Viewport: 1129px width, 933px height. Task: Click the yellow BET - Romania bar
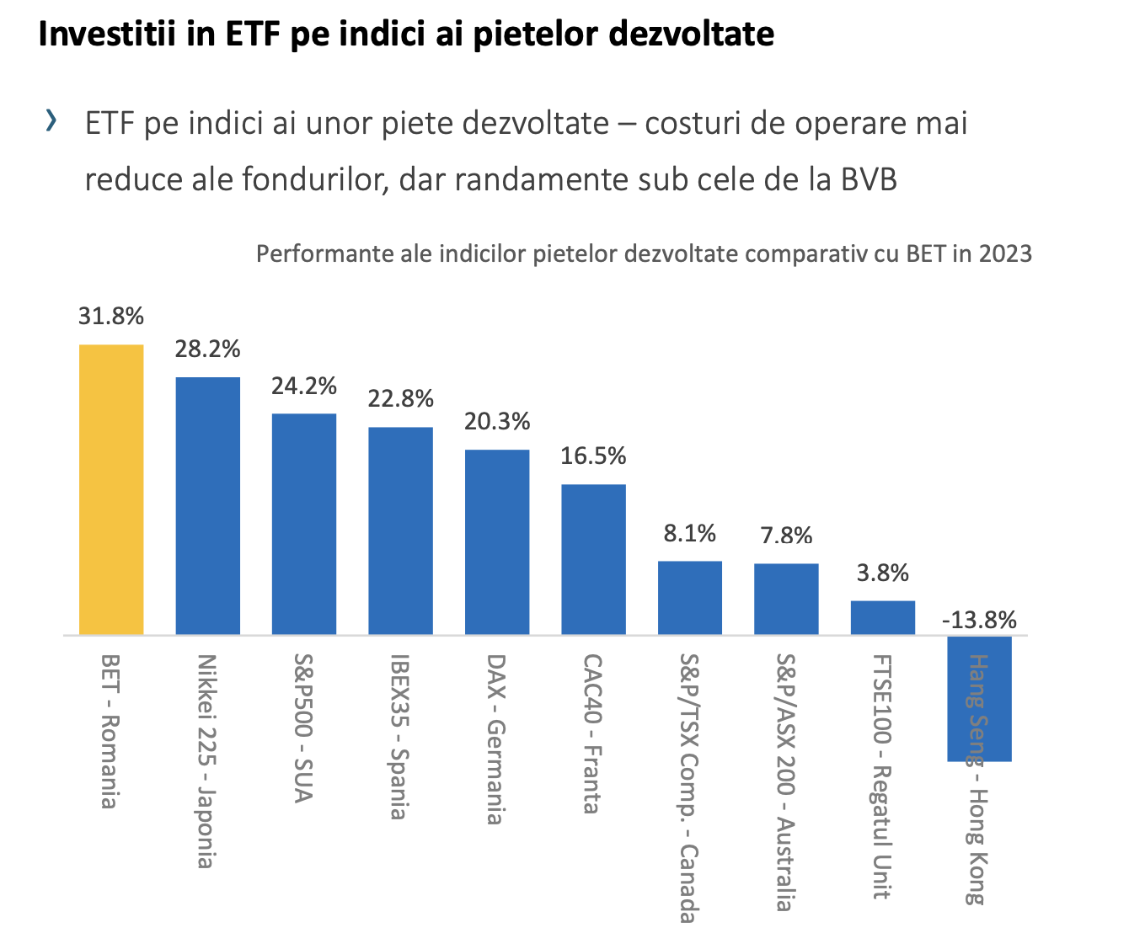pos(111,489)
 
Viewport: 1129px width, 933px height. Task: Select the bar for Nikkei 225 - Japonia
pos(207,505)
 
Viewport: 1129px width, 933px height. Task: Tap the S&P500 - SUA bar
pos(304,524)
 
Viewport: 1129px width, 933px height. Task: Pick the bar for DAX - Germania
pos(497,541)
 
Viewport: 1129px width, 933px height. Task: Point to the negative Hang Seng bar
pos(979,698)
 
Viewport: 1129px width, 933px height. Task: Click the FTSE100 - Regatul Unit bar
pos(883,617)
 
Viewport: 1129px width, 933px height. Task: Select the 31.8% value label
pos(111,317)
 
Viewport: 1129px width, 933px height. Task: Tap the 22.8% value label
pos(401,399)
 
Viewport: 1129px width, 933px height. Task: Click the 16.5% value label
pos(593,456)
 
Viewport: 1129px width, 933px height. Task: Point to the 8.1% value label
pos(689,534)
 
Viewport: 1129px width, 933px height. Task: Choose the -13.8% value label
pos(979,620)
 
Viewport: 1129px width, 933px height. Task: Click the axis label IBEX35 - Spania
pos(400,737)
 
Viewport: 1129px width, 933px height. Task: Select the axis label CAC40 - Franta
pos(593,733)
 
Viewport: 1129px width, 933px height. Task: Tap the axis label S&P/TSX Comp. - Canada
pos(689,788)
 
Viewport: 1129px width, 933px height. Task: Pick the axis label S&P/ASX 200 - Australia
pos(786,783)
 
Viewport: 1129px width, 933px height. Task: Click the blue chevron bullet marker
pos(51,120)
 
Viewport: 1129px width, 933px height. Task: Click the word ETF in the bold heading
pos(253,34)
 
